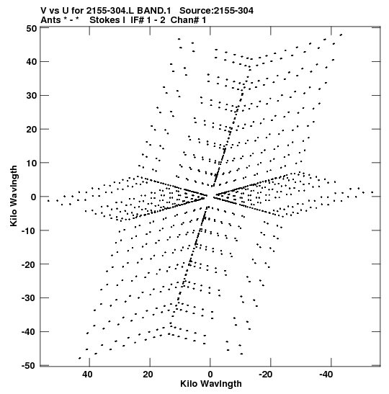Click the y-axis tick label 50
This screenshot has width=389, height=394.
[x=32, y=28]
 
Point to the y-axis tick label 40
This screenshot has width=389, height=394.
[x=32, y=61]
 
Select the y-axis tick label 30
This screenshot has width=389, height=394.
[x=32, y=96]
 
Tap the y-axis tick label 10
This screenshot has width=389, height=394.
[x=32, y=163]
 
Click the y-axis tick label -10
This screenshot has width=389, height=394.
[x=29, y=230]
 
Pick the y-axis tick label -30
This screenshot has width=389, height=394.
[x=29, y=298]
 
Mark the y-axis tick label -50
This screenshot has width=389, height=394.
[x=29, y=366]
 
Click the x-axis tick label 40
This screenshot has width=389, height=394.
[x=87, y=375]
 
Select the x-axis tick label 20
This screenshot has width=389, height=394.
[x=148, y=375]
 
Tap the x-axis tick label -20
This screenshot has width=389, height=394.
[x=266, y=375]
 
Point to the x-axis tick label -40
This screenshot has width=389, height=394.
[x=326, y=375]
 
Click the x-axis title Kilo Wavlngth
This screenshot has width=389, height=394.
[x=211, y=384]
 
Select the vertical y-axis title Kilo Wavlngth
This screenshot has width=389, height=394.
[x=14, y=196]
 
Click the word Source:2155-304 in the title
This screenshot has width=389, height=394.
[x=216, y=11]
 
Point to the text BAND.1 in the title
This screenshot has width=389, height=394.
[x=154, y=11]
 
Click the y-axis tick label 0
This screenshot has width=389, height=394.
[x=34, y=197]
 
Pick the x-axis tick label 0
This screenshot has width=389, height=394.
[x=210, y=375]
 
